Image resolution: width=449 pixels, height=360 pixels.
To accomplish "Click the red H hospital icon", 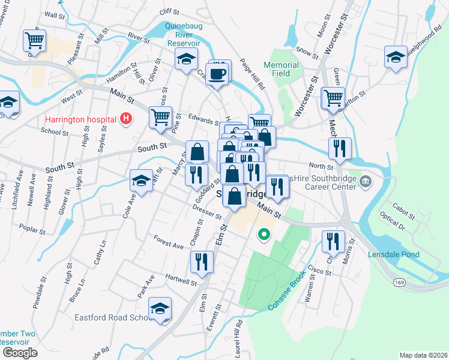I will [125, 118].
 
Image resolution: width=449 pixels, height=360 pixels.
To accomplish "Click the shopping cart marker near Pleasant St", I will [34, 41].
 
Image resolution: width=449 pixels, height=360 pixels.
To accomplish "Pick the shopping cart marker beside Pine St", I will [160, 117].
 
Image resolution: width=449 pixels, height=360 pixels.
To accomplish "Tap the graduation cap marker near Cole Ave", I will [141, 181].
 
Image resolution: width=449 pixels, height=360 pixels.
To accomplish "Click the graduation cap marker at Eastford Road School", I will [160, 309].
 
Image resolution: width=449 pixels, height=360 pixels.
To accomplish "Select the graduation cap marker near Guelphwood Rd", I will [396, 58].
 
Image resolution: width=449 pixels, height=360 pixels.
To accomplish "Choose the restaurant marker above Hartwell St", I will [201, 262].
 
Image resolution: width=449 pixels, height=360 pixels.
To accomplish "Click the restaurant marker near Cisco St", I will [333, 241].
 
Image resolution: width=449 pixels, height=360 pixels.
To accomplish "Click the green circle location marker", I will [262, 234].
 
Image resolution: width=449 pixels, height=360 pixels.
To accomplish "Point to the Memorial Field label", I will [281, 69].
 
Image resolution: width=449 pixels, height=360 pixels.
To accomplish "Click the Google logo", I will [20, 353].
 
